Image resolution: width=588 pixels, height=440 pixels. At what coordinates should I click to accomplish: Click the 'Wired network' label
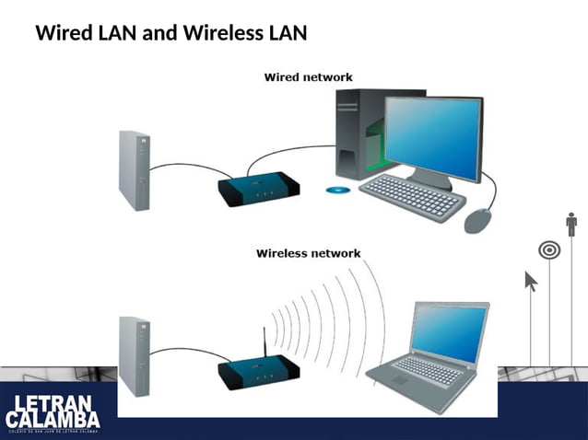[308, 77]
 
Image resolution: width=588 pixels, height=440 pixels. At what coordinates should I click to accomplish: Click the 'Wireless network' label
[308, 253]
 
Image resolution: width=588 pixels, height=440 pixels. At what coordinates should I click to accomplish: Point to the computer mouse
[478, 220]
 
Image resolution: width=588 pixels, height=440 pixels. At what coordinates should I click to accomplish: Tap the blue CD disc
[336, 191]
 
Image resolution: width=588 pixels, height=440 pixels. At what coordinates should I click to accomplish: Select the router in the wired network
[258, 189]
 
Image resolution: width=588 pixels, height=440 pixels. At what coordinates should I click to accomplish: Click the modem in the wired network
[134, 170]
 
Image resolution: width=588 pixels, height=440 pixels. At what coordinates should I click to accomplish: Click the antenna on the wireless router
[265, 341]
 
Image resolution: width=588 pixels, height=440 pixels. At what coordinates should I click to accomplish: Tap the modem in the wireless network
[134, 356]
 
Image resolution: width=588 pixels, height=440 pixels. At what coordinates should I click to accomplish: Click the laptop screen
[448, 333]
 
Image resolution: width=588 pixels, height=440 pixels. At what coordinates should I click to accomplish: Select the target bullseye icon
[549, 249]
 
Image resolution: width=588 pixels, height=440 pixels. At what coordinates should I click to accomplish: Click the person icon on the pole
[571, 224]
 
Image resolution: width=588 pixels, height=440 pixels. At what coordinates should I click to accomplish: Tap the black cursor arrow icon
[530, 281]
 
